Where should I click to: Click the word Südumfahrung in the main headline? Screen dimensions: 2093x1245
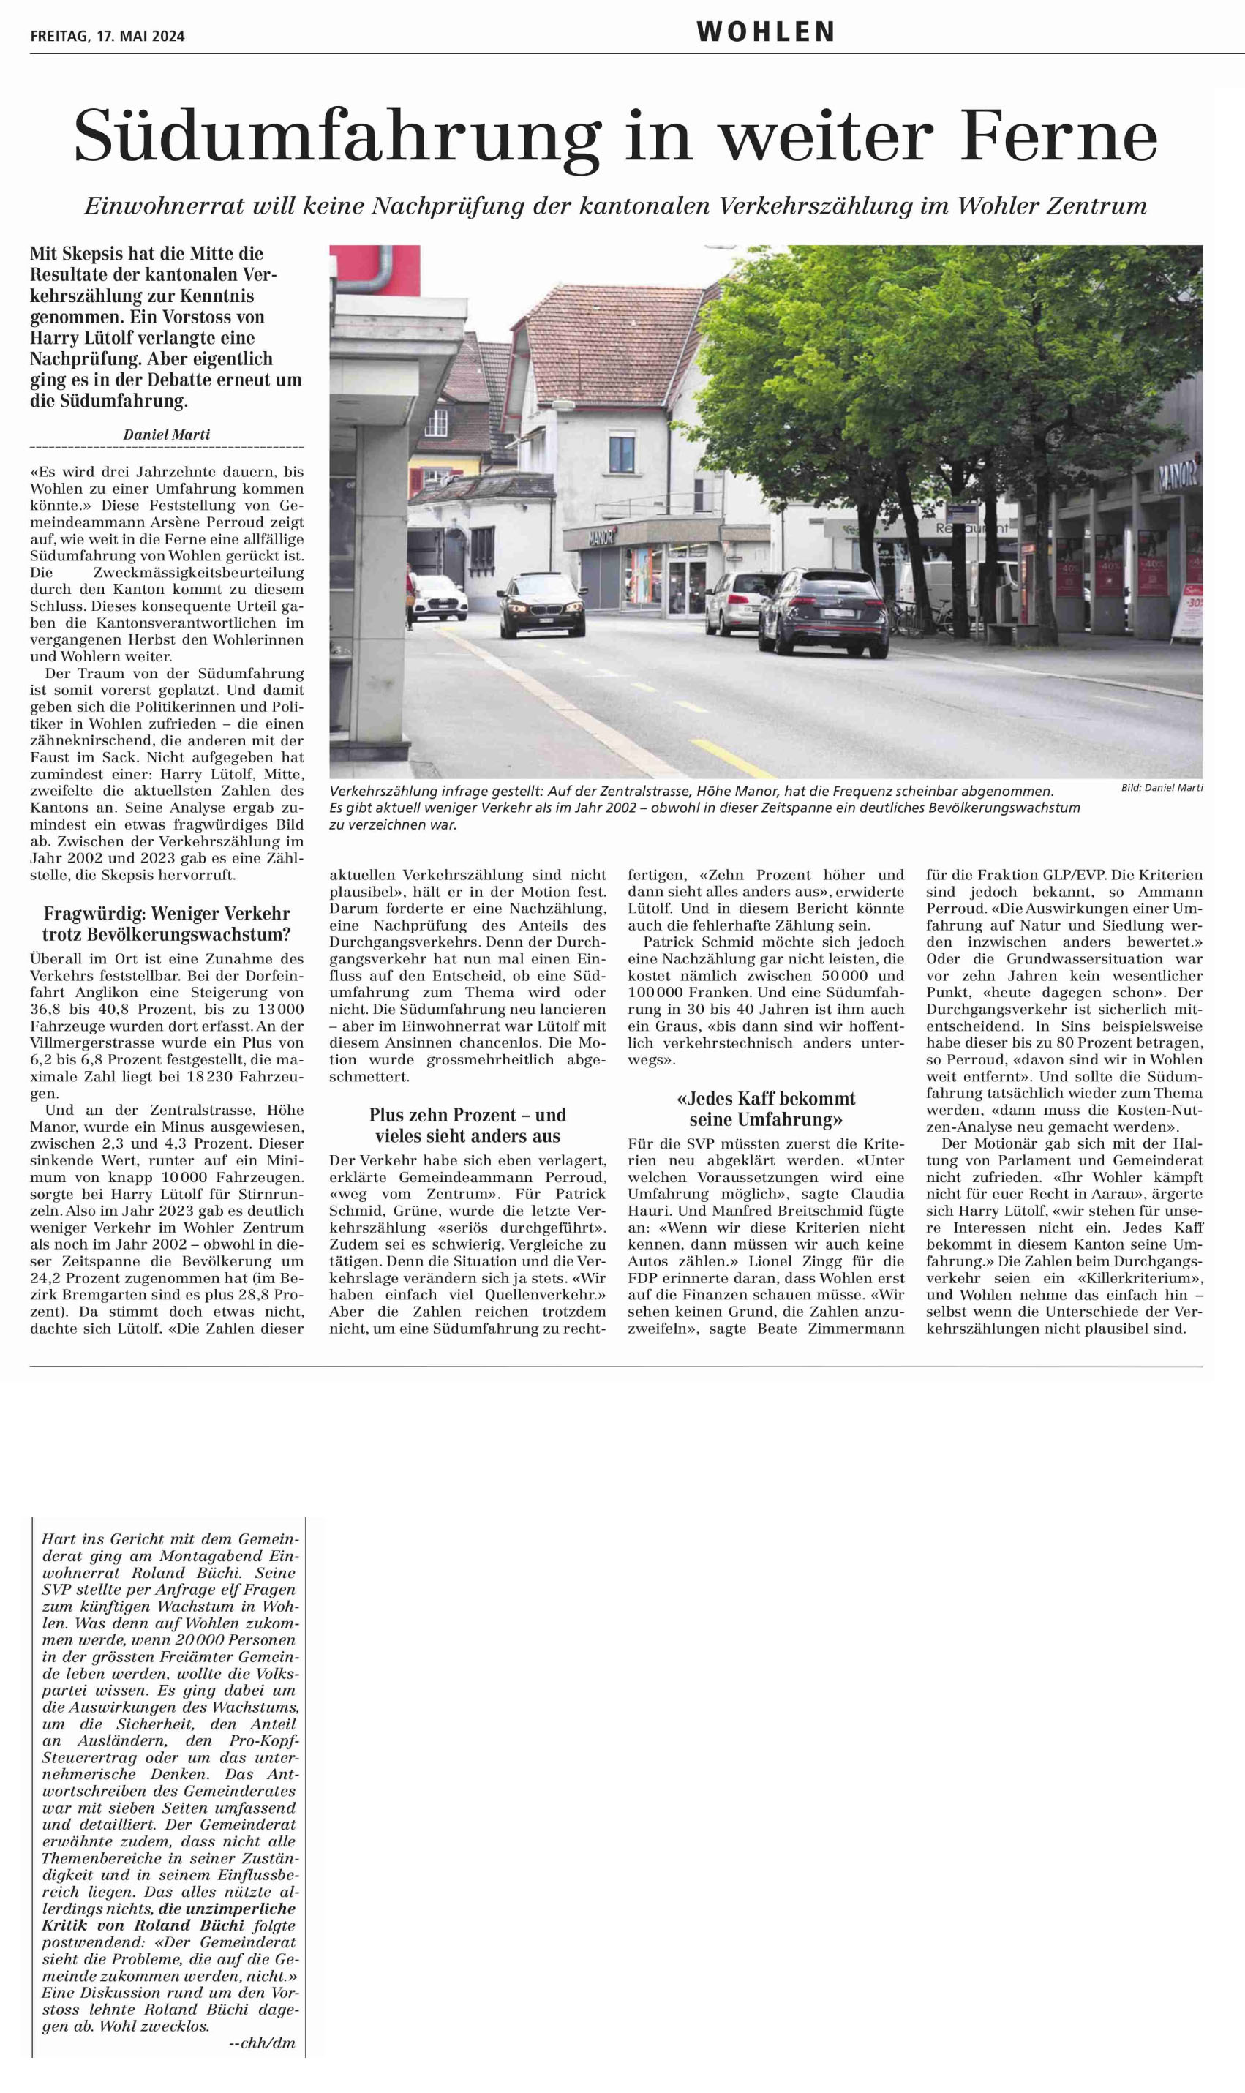click(337, 137)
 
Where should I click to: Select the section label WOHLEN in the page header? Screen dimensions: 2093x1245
click(765, 33)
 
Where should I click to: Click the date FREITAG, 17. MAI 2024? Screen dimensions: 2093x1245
click(108, 36)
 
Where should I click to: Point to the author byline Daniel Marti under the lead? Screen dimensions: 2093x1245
click(167, 435)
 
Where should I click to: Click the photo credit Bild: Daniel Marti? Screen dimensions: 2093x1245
click(1162, 787)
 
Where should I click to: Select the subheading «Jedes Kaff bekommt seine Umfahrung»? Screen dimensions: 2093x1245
click(766, 1109)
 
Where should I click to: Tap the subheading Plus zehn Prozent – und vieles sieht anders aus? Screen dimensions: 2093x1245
click(467, 1126)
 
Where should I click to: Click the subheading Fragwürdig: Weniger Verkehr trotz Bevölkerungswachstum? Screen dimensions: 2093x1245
click(167, 924)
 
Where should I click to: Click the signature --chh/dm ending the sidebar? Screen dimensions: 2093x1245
click(262, 2043)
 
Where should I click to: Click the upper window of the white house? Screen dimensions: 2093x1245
click(621, 453)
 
